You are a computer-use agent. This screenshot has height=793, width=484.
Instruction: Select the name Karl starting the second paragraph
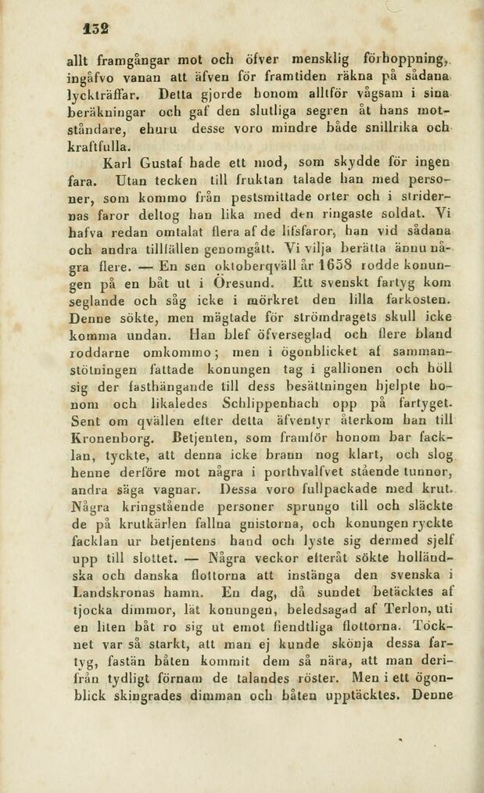click(x=118, y=164)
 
